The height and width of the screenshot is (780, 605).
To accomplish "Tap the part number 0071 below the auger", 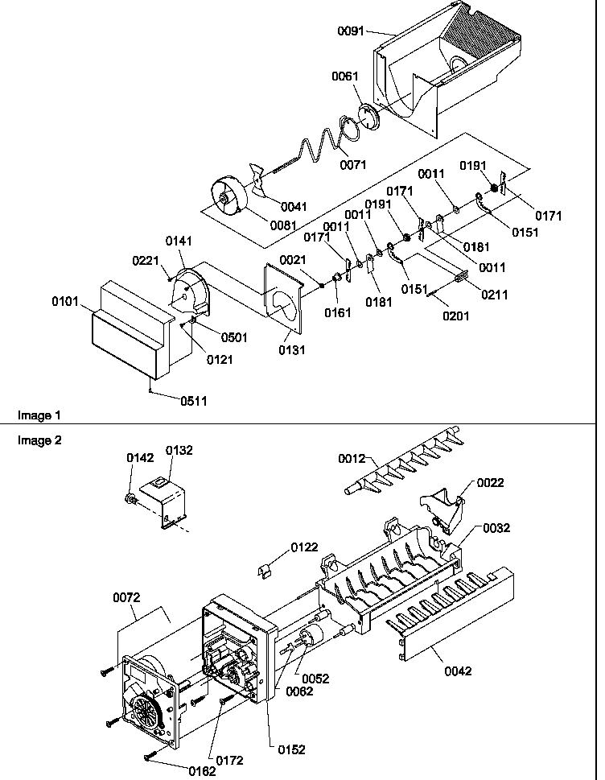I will (352, 165).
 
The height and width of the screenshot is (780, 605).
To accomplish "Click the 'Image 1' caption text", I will (39, 415).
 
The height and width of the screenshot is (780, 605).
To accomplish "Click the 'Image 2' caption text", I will (39, 440).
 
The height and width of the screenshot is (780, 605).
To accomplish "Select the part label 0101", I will (65, 303).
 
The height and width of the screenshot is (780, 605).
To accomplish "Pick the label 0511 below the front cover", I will (193, 400).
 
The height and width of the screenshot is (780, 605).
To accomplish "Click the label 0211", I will (494, 295).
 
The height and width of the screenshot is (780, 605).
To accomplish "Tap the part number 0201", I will (455, 316).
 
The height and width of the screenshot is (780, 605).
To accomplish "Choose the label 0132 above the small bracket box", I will (179, 450).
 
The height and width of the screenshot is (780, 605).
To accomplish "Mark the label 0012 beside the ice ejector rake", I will (351, 459).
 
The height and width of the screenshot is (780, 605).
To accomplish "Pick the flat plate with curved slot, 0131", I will (283, 298).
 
